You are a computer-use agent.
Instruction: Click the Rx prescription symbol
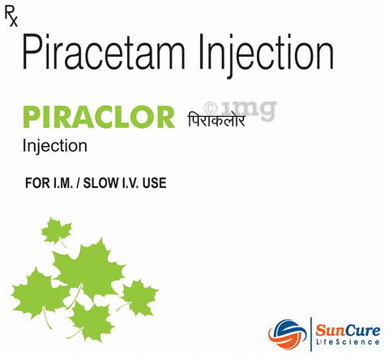[x=10, y=15]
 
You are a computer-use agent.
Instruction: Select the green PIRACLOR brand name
[x=99, y=118]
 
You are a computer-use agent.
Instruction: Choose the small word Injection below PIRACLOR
[x=56, y=147]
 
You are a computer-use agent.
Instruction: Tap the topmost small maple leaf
[x=57, y=231]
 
